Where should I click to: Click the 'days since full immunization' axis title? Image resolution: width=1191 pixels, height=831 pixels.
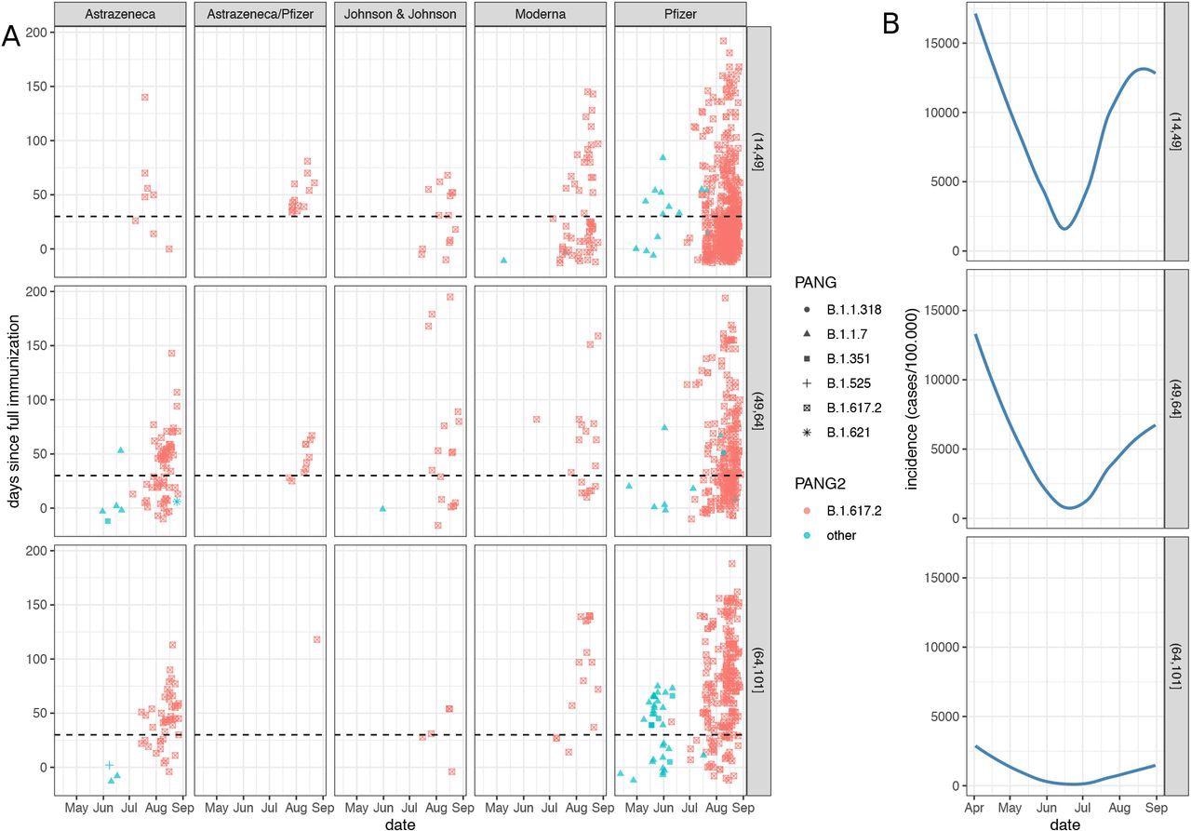[17, 410]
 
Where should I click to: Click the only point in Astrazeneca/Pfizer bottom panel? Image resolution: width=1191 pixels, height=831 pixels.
[317, 639]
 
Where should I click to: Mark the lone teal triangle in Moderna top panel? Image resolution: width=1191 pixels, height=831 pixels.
[503, 261]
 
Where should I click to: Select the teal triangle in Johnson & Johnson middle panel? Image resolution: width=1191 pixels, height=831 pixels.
[382, 508]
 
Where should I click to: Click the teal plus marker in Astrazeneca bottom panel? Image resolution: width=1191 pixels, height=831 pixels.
[109, 765]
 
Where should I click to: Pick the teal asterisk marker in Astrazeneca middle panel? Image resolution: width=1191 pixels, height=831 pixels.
[177, 502]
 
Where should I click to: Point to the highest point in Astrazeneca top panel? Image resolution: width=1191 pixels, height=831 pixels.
[144, 97]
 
